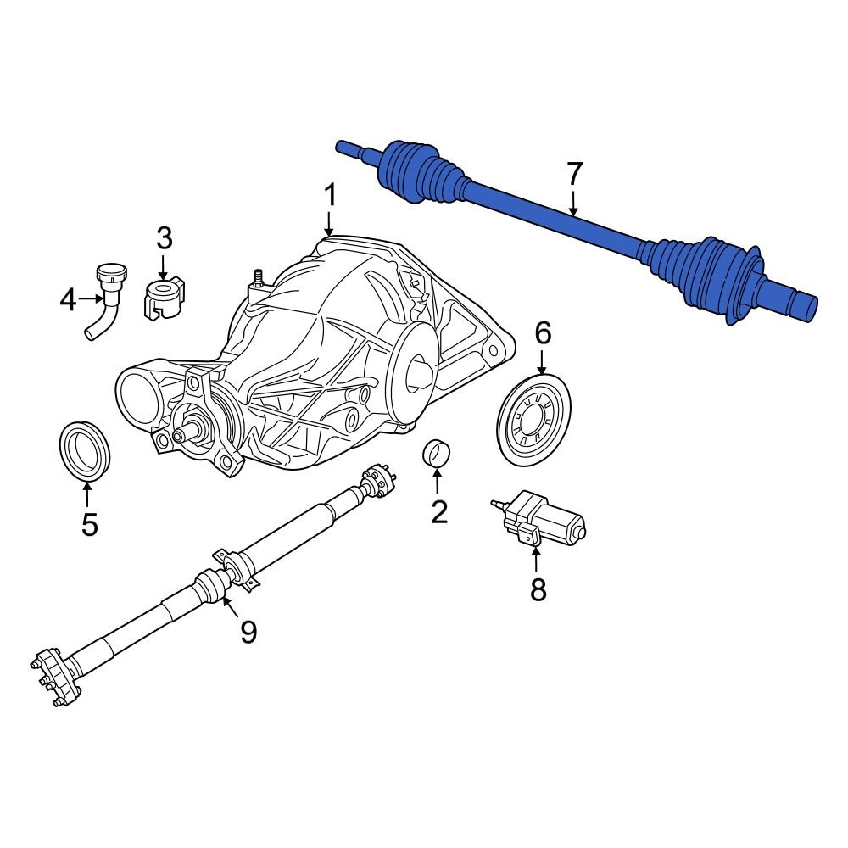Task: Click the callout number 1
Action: click(329, 196)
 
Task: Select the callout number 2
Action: click(438, 511)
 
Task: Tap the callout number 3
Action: click(164, 238)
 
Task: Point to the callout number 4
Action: click(69, 299)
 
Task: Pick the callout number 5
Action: click(89, 524)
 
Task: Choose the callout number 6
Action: click(542, 333)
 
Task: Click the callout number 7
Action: click(574, 174)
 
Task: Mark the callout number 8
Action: click(538, 589)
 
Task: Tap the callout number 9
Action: click(248, 631)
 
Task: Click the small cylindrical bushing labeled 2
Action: click(436, 454)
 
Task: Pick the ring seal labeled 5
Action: click(84, 448)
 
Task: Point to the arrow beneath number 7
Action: click(574, 204)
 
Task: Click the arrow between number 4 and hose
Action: click(91, 299)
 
